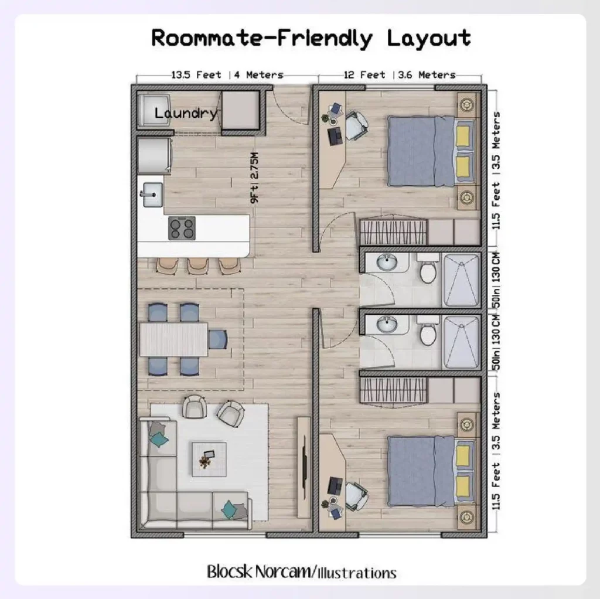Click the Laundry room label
point(186,113)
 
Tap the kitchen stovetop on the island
point(182,228)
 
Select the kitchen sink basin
point(152,194)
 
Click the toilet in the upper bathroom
point(428,270)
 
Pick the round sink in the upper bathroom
point(386,262)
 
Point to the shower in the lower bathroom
point(461,342)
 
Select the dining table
point(173,339)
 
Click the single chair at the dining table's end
point(217,339)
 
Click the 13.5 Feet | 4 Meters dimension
point(227,75)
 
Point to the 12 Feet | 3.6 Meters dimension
point(400,75)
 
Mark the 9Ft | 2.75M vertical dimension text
point(254,178)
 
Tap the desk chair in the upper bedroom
point(356,125)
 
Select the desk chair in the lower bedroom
point(356,494)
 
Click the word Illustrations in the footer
point(357,572)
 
